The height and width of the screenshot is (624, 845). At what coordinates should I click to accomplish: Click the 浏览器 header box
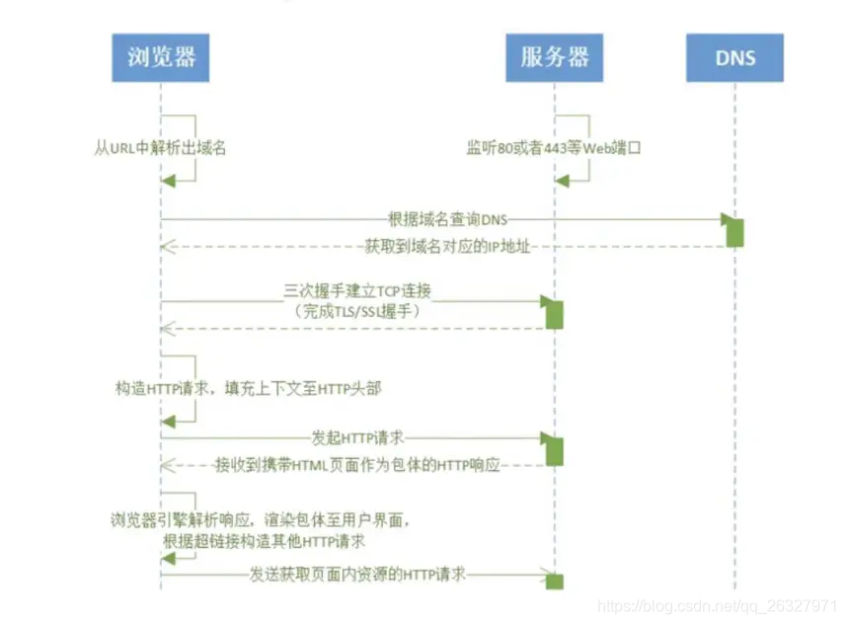(x=161, y=56)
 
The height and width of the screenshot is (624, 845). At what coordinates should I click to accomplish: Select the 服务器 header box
(x=555, y=56)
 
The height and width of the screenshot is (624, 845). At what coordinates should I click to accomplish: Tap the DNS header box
(x=734, y=57)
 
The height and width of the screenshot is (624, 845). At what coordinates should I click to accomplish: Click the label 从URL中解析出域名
(x=161, y=148)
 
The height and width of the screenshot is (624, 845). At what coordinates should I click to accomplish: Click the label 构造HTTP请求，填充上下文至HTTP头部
(x=248, y=389)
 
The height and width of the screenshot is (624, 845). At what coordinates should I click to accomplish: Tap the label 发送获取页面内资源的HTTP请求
(x=357, y=575)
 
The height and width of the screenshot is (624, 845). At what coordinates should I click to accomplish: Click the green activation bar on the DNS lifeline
(x=734, y=231)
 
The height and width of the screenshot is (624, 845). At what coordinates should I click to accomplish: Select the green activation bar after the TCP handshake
(x=555, y=313)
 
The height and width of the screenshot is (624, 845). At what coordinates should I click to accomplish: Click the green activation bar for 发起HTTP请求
(x=555, y=449)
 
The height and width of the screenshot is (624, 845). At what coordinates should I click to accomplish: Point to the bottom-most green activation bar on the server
(x=555, y=581)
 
